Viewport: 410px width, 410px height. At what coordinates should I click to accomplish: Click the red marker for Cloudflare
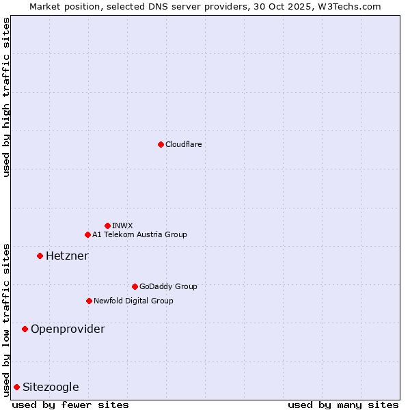coord(161,144)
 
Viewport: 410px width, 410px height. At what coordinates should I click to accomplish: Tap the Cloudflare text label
coord(183,144)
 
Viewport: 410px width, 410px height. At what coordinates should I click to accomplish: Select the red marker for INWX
coord(107,225)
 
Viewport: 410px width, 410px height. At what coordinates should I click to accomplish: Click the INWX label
coord(123,225)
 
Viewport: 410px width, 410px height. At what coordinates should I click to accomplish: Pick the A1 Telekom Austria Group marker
coord(87,234)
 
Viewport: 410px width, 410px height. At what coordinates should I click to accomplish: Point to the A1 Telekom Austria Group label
coord(139,234)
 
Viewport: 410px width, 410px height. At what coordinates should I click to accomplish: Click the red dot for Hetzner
coord(40,256)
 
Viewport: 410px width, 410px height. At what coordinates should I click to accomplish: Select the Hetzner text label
coord(67,256)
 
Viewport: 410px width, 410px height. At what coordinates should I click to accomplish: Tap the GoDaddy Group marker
coord(135,286)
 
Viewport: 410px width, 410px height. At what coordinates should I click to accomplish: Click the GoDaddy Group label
coord(168,286)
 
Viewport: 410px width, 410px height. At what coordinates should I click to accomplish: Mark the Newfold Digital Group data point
coord(89,301)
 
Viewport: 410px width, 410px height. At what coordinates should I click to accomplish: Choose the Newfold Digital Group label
coord(133,301)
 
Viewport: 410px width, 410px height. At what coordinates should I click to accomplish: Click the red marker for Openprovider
coord(25,329)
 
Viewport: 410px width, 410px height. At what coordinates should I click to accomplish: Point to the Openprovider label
coord(68,329)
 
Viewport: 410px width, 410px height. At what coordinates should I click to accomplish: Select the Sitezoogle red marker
coord(16,387)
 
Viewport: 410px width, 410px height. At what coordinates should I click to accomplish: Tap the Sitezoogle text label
coord(51,387)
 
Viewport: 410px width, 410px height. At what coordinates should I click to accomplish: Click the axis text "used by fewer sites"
coord(70,405)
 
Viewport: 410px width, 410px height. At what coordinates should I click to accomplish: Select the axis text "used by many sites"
coord(343,405)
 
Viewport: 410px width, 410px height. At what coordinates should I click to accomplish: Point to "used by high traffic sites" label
coord(6,97)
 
